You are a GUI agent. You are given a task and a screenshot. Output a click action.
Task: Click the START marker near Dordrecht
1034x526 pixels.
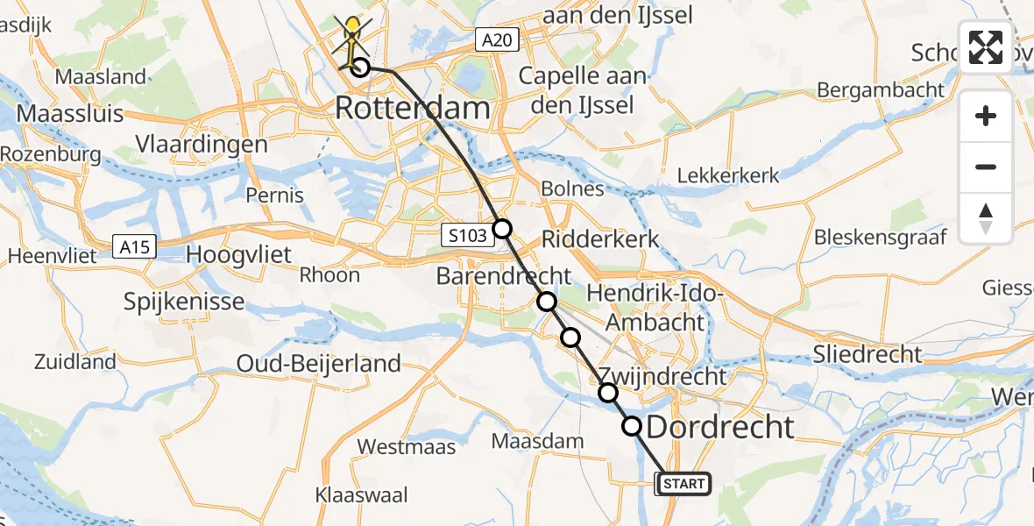[x=683, y=483]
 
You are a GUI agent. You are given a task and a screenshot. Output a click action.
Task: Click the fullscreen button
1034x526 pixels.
[x=986, y=47]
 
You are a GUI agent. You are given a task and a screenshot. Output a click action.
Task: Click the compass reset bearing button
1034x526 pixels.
[x=986, y=217]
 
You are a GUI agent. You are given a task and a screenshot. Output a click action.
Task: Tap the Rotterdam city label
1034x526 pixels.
[x=412, y=109]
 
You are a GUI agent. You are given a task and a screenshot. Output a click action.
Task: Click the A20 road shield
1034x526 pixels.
[x=499, y=39]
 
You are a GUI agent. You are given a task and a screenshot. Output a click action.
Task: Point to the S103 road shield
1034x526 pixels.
[x=462, y=234]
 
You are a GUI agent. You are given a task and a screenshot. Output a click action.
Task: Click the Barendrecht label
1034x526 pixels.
[x=504, y=276]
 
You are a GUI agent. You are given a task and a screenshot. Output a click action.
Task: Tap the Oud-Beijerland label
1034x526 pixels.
[x=320, y=363]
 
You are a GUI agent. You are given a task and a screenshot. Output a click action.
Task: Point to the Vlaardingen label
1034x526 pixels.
[x=202, y=144]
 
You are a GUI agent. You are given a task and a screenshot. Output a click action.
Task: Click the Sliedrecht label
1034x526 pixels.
[x=868, y=354]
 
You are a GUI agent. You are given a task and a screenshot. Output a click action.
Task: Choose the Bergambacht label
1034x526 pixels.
[x=881, y=89]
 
